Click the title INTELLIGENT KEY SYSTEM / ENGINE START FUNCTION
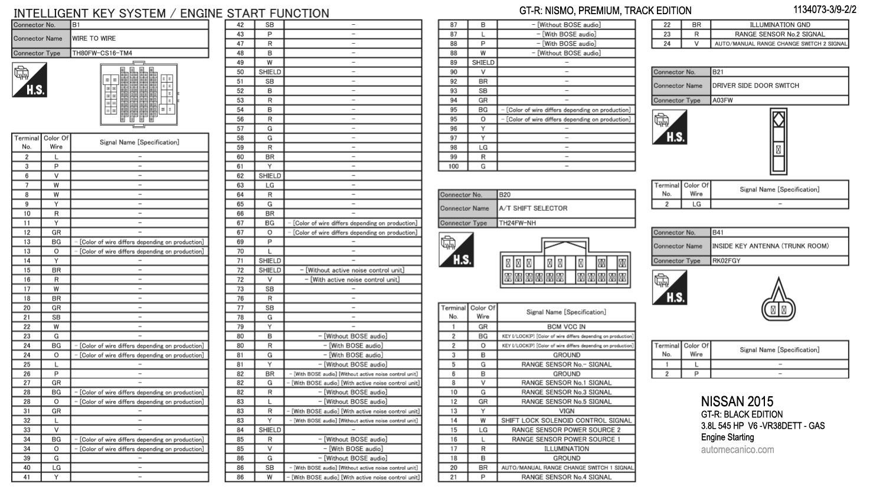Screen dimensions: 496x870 [171, 13]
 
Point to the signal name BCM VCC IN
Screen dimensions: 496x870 [566, 327]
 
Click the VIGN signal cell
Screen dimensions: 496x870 [566, 411]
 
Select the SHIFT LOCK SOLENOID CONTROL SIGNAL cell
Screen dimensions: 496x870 [566, 420]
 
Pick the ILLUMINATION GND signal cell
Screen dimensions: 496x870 [780, 25]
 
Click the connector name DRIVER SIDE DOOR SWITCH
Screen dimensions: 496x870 [755, 86]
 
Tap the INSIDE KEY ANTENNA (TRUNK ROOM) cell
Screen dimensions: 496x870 [770, 246]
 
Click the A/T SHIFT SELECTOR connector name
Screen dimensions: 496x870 [533, 208]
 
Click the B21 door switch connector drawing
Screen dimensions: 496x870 [779, 141]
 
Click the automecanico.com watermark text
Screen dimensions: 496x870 [737, 449]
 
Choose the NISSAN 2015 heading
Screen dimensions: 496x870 [737, 402]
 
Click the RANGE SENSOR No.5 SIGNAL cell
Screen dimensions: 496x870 [566, 402]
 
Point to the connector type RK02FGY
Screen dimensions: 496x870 [726, 260]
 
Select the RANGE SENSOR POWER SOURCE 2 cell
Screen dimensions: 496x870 [566, 430]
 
